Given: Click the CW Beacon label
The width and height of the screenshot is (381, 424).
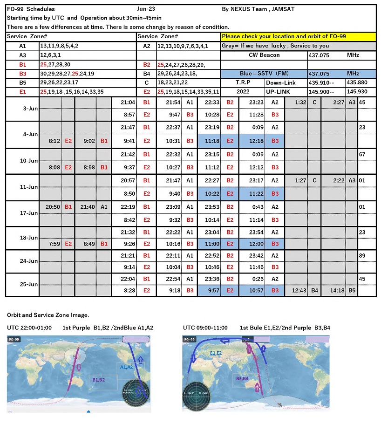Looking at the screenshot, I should pos(265,55).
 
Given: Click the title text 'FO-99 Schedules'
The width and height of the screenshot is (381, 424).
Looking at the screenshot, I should pos(31,9).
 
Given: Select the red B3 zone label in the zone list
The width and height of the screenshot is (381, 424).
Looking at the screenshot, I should pos(23,74).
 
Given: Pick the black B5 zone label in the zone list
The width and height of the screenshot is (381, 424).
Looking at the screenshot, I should pos(23,83).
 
